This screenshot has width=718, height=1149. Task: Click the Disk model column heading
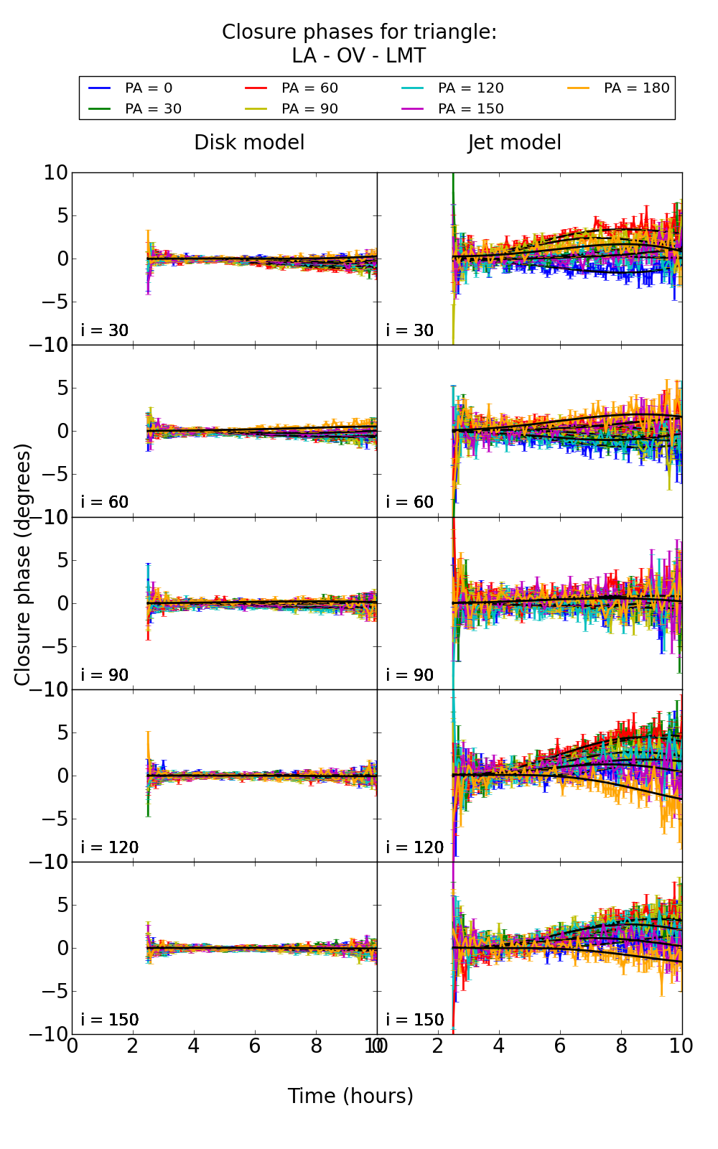[249, 142]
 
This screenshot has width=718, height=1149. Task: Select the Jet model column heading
[514, 142]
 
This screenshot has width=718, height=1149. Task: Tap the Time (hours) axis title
[350, 1096]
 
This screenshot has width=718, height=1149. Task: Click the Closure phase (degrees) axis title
[23, 564]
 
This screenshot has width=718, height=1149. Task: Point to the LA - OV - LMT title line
[358, 56]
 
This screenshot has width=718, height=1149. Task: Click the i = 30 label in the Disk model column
[105, 330]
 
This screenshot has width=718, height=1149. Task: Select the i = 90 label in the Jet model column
[410, 675]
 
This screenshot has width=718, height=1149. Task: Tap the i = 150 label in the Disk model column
[110, 1020]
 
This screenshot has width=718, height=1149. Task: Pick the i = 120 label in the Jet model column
[415, 847]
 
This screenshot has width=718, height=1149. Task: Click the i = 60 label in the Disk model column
[105, 502]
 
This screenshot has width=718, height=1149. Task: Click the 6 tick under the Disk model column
[255, 1046]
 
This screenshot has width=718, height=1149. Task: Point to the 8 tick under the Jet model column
[621, 1046]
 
